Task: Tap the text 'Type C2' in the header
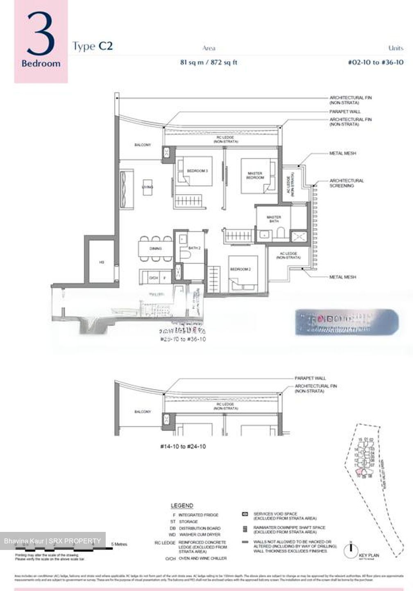(x=92, y=46)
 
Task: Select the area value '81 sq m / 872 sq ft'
(x=209, y=62)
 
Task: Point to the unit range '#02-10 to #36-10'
(x=375, y=62)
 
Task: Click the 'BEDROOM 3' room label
(x=197, y=171)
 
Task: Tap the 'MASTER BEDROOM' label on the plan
(x=254, y=176)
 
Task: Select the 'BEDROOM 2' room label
(x=240, y=269)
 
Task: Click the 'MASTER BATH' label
(x=274, y=219)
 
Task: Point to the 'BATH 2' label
(x=194, y=248)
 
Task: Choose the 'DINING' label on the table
(x=155, y=248)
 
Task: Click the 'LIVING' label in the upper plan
(x=147, y=187)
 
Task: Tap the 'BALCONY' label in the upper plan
(x=143, y=145)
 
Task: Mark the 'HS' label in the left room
(x=102, y=262)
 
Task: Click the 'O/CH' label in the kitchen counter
(x=153, y=278)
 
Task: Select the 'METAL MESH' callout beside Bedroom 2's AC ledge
(x=343, y=277)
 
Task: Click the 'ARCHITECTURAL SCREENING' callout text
(x=347, y=183)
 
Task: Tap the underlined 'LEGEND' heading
(x=182, y=506)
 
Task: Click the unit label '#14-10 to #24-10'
(x=183, y=446)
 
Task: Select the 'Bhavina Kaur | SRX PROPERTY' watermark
(x=52, y=541)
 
